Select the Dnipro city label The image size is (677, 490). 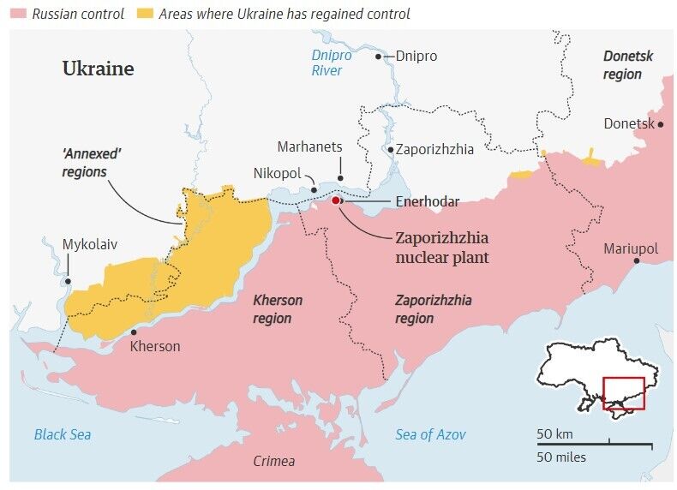(x=416, y=56)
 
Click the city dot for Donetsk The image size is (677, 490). (x=662, y=124)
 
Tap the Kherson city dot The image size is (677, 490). (x=133, y=332)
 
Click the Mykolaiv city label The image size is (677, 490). (x=89, y=244)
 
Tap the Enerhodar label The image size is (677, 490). (x=427, y=201)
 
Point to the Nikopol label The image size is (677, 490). (x=277, y=173)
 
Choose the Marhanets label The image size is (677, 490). (x=309, y=146)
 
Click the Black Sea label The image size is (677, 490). (x=63, y=434)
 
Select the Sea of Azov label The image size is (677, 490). (x=430, y=434)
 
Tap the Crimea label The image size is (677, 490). (x=273, y=461)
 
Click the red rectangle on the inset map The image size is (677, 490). (x=623, y=393)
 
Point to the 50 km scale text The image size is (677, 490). (x=554, y=433)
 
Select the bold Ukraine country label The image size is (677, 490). (x=98, y=69)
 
